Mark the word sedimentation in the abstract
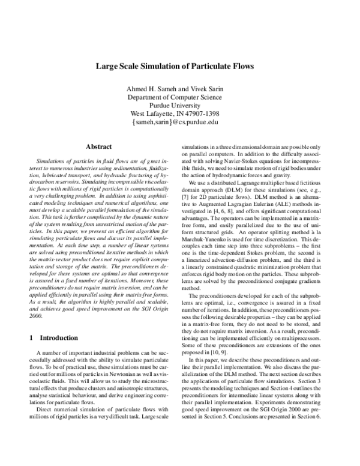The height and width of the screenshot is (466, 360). pyautogui.click(x=120, y=169)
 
